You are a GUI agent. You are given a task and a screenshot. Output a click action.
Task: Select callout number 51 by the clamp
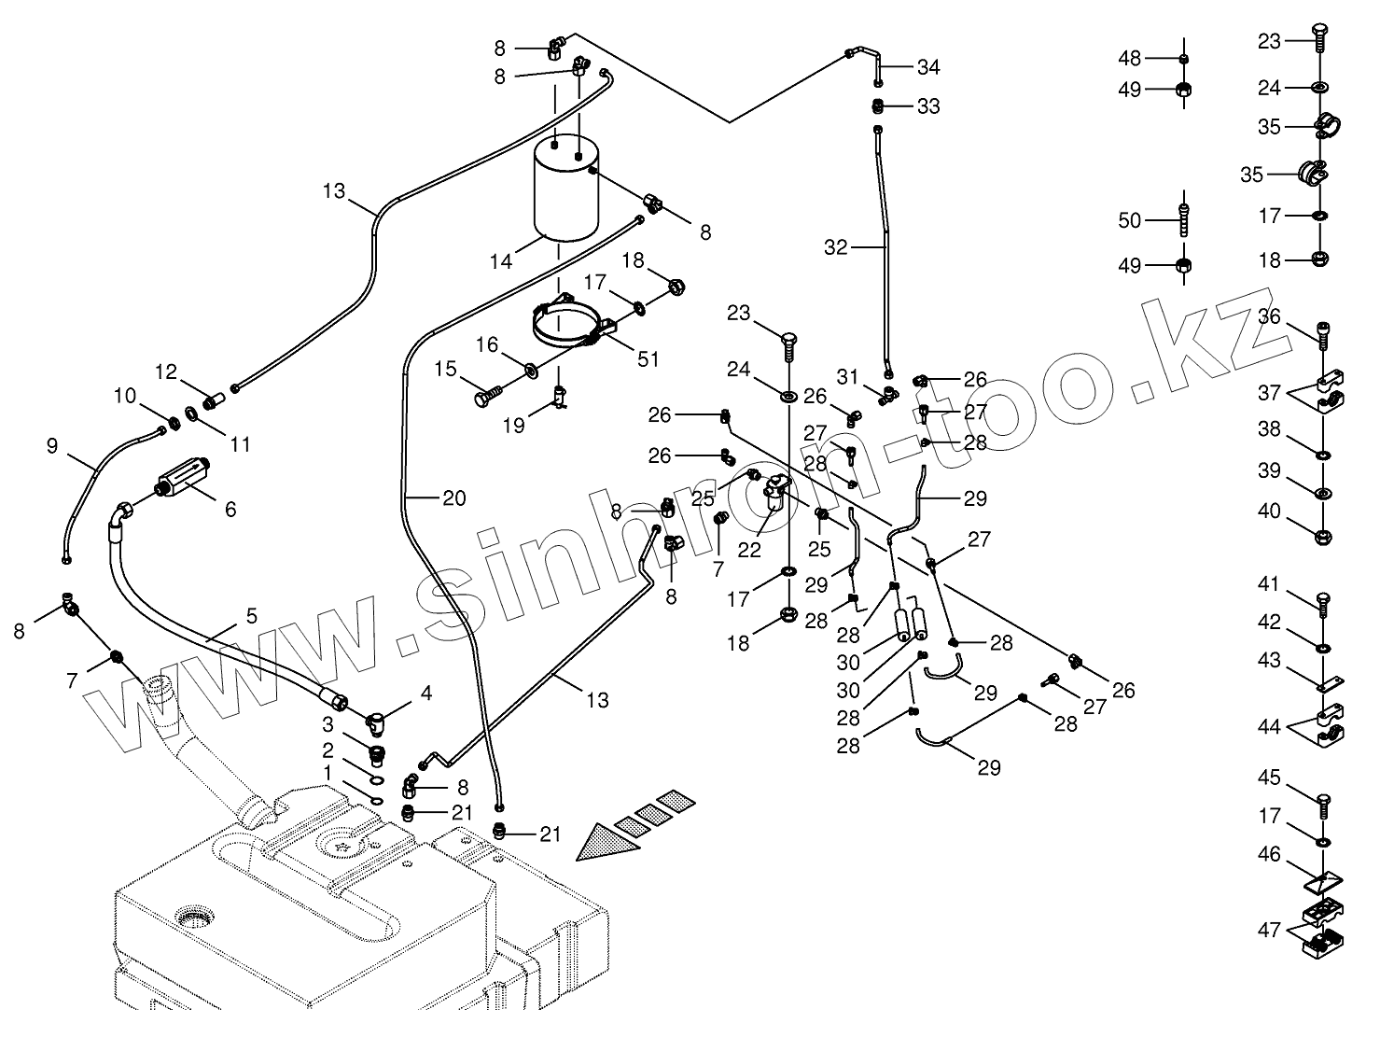tap(648, 358)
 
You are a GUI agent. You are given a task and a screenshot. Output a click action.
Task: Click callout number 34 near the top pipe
tap(928, 67)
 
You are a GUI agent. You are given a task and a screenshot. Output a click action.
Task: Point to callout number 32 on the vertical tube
tap(835, 247)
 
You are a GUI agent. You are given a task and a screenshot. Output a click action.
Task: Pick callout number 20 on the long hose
tap(453, 498)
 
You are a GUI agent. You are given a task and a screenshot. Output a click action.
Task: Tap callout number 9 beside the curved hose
tap(51, 447)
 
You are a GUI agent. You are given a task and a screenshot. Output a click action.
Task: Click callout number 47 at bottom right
tap(1268, 930)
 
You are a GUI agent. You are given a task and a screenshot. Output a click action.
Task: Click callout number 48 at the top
tap(1130, 58)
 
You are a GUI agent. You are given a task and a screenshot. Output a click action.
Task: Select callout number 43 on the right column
tap(1268, 661)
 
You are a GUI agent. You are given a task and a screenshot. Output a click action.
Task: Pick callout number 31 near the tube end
tap(846, 377)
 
